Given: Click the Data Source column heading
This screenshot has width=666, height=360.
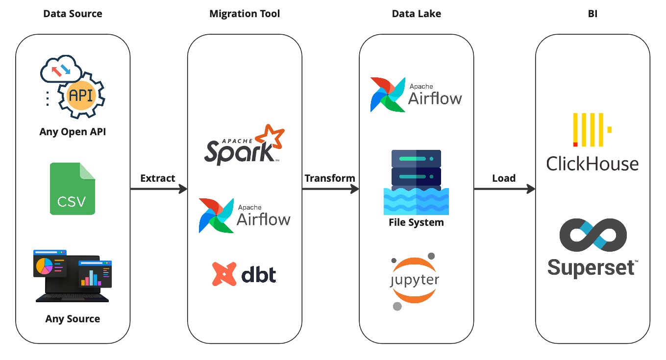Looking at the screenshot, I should click(x=73, y=14).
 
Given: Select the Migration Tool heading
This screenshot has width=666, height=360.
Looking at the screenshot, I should click(x=245, y=14).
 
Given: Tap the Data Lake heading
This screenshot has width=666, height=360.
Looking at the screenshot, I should click(x=416, y=14).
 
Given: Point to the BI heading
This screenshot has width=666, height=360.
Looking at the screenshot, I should click(x=592, y=14).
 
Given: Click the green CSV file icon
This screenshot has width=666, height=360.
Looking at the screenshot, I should click(x=73, y=189).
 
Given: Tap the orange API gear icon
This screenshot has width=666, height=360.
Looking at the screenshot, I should click(x=81, y=95).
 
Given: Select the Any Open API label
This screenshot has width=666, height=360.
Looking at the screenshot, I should click(x=73, y=132).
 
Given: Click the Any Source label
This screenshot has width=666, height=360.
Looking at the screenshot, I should click(x=73, y=319).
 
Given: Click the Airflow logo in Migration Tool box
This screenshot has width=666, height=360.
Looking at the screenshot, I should click(x=245, y=216).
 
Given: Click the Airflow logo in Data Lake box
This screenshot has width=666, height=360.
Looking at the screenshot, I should click(x=416, y=95).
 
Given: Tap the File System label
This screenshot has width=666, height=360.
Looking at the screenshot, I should click(x=416, y=222).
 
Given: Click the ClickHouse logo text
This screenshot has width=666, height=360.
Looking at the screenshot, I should click(x=592, y=164).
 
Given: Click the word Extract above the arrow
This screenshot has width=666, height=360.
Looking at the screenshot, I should click(x=158, y=178).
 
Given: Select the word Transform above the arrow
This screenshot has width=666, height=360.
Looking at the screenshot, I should click(x=330, y=178).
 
